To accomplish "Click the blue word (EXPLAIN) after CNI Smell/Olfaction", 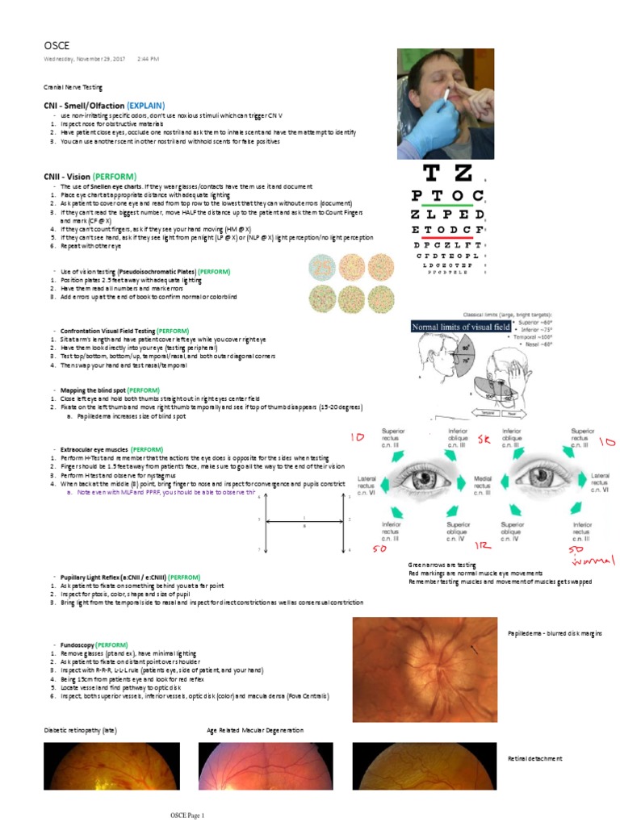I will tap(145, 106).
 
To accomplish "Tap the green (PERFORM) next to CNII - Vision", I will tap(114, 177).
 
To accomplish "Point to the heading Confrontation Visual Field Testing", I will tap(107, 331).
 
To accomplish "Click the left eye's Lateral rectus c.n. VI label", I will tap(367, 485).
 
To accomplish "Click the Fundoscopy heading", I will tap(76, 646).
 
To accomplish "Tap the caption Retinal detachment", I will tap(534, 759).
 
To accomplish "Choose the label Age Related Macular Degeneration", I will tap(255, 730).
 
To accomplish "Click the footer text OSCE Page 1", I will tap(186, 816).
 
